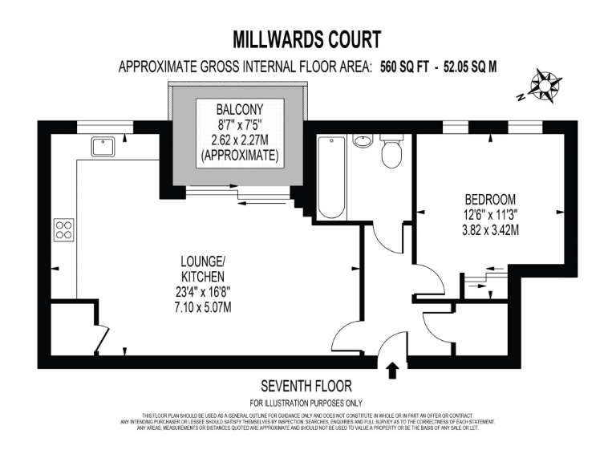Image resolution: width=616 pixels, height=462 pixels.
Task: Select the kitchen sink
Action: click(102, 146)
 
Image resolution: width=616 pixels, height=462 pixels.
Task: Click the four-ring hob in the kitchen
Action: click(63, 230)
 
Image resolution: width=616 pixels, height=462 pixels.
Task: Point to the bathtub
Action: click(331, 177)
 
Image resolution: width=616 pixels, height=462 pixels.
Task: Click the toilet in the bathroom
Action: click(391, 151)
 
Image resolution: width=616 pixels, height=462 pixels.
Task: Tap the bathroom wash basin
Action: click(363, 140)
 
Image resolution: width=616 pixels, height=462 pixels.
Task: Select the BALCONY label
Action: click(239, 108)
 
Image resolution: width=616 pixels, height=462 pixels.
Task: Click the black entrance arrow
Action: click(392, 370)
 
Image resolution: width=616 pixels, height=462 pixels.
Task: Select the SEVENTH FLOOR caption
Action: click(306, 386)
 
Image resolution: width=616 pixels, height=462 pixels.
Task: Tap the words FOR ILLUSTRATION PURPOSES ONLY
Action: click(306, 403)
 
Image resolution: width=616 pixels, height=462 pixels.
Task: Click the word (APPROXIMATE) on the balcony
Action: click(239, 156)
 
